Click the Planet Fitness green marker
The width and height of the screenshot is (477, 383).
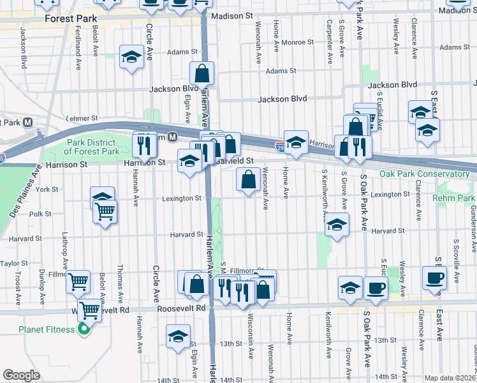(x=82, y=329)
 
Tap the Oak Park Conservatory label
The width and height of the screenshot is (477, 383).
(x=424, y=174)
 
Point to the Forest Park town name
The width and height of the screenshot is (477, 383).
(x=70, y=19)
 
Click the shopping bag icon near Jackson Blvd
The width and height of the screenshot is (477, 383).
(x=202, y=73)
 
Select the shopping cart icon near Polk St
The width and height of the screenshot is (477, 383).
(x=105, y=211)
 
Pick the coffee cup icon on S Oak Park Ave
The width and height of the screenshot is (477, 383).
(x=376, y=287)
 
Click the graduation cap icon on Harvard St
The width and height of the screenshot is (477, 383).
(x=337, y=225)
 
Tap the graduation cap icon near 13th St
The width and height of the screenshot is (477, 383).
(x=179, y=336)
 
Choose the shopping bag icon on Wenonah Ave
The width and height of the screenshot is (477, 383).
(x=248, y=179)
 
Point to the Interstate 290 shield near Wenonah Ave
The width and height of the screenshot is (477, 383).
(x=281, y=147)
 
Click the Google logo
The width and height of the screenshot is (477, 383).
(x=21, y=375)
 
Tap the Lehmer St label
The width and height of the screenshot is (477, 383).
(x=82, y=119)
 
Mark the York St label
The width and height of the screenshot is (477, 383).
(x=47, y=190)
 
